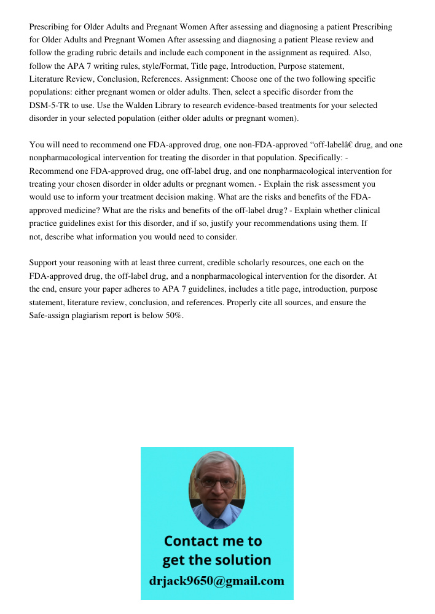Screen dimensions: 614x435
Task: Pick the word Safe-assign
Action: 51,316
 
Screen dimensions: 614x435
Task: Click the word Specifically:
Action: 322,158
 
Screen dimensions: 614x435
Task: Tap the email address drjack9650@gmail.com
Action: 217,581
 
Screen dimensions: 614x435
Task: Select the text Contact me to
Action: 213,541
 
